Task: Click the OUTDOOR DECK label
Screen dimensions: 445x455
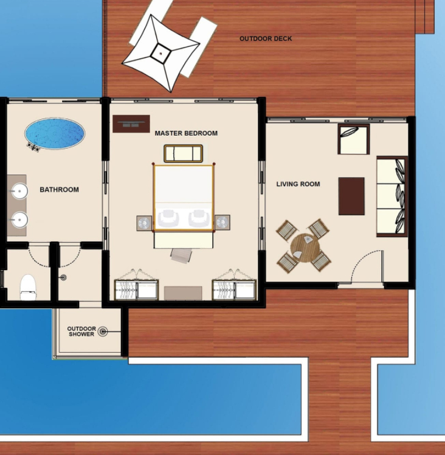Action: pos(266,38)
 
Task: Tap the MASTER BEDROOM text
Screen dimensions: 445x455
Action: pos(186,133)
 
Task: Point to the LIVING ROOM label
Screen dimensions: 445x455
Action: pos(298,184)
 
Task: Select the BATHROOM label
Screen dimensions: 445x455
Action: pos(59,190)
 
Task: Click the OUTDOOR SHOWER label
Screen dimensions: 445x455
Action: pos(81,332)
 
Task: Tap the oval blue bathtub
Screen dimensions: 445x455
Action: pos(55,133)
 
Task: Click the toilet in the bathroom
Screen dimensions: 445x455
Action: pos(28,287)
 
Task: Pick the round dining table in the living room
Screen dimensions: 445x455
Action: pos(305,248)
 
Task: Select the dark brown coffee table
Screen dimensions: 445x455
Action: pos(351,196)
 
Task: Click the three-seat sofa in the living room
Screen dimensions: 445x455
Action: pos(392,196)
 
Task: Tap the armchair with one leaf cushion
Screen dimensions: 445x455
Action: pos(354,139)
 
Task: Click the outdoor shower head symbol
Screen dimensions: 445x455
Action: pos(103,332)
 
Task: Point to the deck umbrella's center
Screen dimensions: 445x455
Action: pos(160,53)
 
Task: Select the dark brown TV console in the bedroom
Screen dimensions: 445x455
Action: pos(131,124)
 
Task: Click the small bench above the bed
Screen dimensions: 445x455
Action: pos(184,153)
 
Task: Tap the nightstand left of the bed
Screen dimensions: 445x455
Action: pos(144,223)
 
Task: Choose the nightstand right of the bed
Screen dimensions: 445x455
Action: pos(222,223)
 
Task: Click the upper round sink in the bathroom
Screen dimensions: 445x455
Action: pos(19,191)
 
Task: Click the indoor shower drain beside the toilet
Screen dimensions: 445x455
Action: pos(64,277)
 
